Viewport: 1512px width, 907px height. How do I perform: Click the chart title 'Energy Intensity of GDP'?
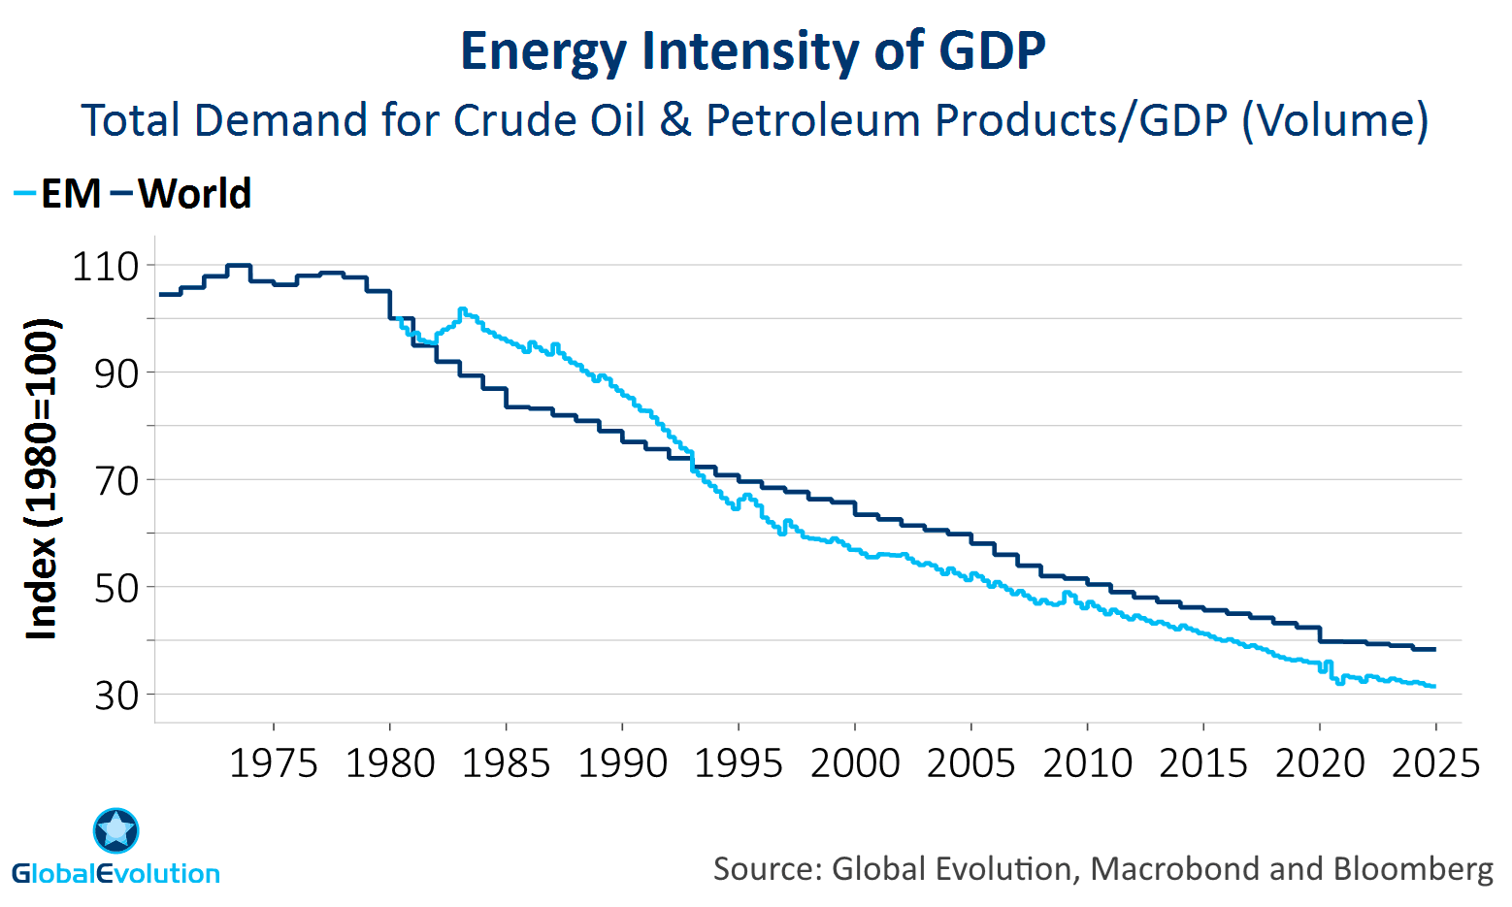(x=753, y=51)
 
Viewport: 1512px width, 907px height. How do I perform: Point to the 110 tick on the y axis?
(x=107, y=267)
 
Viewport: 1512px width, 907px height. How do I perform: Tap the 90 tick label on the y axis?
(x=116, y=373)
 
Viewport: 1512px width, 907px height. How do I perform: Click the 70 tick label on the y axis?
(x=116, y=480)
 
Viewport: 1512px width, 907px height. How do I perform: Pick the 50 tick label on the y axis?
(x=116, y=588)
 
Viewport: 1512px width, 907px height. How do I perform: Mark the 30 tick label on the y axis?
(x=116, y=696)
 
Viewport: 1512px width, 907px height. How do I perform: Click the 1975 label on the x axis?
(x=274, y=763)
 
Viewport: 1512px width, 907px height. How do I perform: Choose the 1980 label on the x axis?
(x=390, y=763)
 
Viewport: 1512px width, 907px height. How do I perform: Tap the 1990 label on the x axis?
(x=622, y=763)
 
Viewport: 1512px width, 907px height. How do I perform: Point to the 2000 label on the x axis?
(x=855, y=763)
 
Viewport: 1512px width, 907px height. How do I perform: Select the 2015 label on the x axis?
(x=1203, y=763)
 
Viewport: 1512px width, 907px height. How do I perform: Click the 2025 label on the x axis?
(x=1435, y=763)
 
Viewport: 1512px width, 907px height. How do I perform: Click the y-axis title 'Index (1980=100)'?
(x=42, y=480)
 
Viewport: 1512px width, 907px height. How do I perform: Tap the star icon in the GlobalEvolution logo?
(x=116, y=830)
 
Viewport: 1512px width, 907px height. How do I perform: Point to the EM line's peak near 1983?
(x=463, y=309)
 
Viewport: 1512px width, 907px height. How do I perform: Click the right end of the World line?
(x=1433, y=649)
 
